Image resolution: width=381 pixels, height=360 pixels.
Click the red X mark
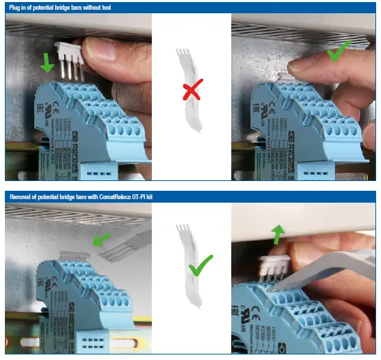[193, 92]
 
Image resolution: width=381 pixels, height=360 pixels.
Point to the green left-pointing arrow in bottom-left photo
[102, 240]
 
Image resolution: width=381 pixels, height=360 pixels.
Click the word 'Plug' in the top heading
[17, 7]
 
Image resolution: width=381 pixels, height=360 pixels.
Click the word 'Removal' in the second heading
[25, 197]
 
